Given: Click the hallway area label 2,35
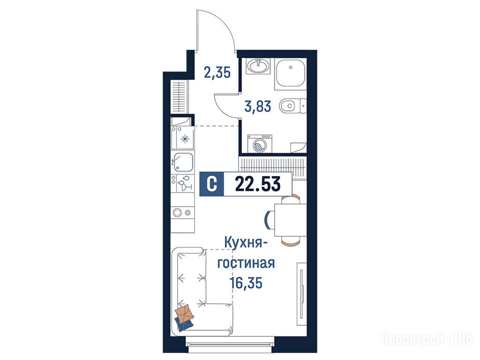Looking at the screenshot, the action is (217, 73).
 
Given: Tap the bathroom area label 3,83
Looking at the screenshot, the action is (258, 106).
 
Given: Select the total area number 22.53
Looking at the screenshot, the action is (258, 184).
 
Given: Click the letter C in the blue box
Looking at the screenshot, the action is (211, 184).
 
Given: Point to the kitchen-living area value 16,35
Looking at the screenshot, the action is (246, 282).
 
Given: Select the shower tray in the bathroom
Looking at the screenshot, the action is (290, 74).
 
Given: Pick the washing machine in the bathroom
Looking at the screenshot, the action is (260, 143).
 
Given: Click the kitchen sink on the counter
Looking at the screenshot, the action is (183, 162).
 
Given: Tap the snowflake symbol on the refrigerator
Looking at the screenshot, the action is (185, 139).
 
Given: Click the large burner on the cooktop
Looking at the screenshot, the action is (178, 212).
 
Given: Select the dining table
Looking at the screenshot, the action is (290, 220).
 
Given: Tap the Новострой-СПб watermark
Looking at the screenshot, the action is (426, 339).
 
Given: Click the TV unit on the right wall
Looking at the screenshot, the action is (301, 294).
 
